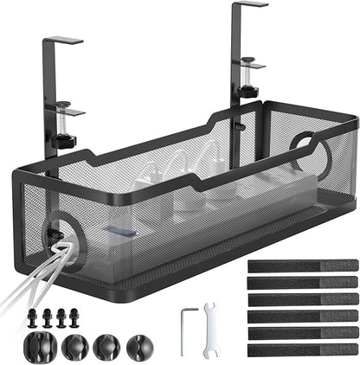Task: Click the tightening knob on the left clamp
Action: pyautogui.click(x=63, y=140)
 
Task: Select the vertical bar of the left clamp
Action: pyautogui.click(x=49, y=95)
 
